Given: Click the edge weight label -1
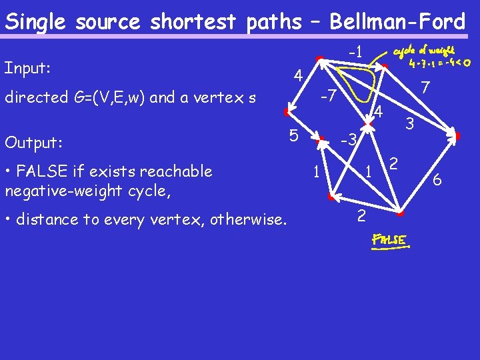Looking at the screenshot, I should (355, 52).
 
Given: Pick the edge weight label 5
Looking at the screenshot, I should (293, 135).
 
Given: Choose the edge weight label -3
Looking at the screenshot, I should (349, 140).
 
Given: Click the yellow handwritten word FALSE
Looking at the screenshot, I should (390, 239).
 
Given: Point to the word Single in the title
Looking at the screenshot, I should (37, 22).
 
